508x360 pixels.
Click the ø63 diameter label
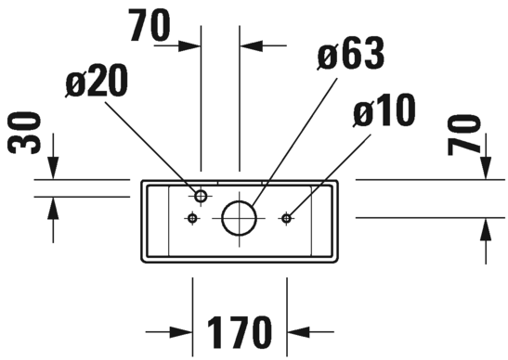coord(350,53)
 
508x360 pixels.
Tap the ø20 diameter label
coord(97,80)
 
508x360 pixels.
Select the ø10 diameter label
coord(384,110)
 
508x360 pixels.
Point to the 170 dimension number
coord(240,331)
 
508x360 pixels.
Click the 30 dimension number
coord(23,132)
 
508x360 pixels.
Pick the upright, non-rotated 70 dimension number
coord(150,25)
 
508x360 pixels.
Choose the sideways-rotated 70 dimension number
coord(463,135)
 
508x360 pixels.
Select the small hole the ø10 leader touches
coord(286,219)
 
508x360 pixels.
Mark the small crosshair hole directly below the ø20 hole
coord(193,218)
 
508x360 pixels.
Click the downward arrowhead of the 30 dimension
coord(54,167)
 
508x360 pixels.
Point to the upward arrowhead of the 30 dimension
coord(54,209)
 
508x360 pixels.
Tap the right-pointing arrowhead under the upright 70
coord(189,46)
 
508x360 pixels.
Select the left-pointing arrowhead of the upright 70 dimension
coord(251,46)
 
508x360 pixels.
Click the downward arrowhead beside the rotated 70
coord(486,167)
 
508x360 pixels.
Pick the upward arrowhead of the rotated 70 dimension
coord(486,229)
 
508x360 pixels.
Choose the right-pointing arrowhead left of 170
coord(181,332)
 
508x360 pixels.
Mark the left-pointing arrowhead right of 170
coord(298,332)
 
